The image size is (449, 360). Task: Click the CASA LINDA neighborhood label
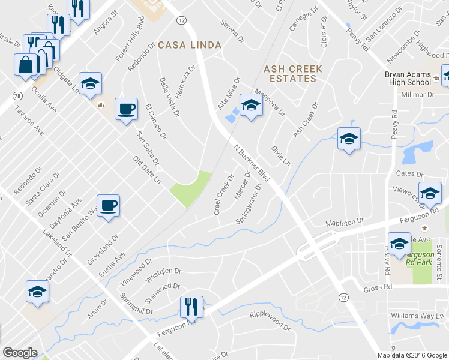click(x=190, y=45)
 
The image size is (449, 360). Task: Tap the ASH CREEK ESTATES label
click(x=293, y=74)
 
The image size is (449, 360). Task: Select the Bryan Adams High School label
click(x=407, y=78)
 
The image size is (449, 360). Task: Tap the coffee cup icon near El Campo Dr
click(x=126, y=110)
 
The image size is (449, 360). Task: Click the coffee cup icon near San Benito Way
click(x=108, y=206)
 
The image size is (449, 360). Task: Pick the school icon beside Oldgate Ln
click(x=90, y=85)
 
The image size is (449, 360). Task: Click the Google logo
click(x=20, y=353)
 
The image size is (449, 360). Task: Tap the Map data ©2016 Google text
click(x=412, y=355)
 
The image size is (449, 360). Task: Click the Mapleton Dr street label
click(x=345, y=223)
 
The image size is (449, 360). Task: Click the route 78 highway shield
click(x=17, y=96)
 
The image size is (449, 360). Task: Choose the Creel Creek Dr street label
click(x=223, y=195)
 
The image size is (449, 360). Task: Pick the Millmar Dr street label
click(x=417, y=95)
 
